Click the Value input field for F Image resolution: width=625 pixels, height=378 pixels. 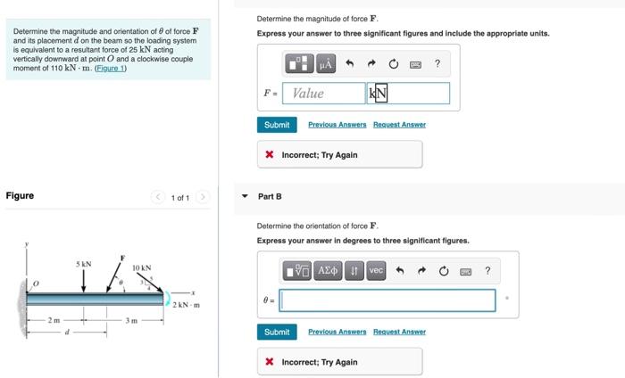(x=322, y=93)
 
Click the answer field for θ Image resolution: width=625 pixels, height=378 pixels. (x=387, y=300)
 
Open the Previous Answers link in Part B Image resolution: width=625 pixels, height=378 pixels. (x=337, y=332)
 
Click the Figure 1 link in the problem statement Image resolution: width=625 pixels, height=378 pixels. (x=111, y=68)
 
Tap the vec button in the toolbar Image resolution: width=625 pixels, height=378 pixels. (x=375, y=271)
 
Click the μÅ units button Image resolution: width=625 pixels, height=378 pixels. (x=325, y=64)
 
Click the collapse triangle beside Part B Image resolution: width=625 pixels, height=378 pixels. (x=246, y=196)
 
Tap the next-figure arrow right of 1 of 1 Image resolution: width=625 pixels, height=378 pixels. (x=203, y=197)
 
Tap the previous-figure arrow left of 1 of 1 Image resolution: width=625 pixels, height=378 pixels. (x=158, y=197)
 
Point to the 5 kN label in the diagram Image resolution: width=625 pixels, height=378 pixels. (x=83, y=264)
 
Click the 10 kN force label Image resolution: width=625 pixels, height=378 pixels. (x=141, y=267)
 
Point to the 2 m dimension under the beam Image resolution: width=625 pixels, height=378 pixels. (x=54, y=319)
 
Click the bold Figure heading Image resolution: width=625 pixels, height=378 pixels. (x=20, y=196)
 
